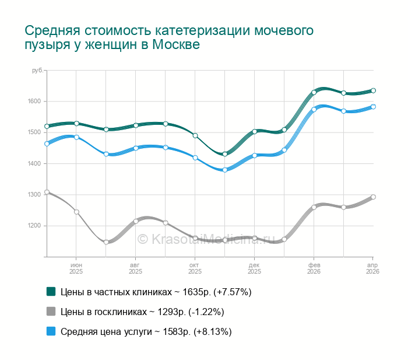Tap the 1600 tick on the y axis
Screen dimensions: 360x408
pyautogui.click(x=33, y=102)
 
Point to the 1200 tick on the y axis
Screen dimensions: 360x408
pyautogui.click(x=33, y=226)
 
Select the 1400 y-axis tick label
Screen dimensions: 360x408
pyautogui.click(x=33, y=163)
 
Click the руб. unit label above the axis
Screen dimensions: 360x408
pyautogui.click(x=37, y=71)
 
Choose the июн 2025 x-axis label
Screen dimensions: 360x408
pyautogui.click(x=76, y=268)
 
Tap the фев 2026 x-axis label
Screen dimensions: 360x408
pyautogui.click(x=314, y=268)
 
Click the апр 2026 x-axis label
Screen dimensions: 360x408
pyautogui.click(x=372, y=268)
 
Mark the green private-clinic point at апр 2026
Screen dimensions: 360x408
pyautogui.click(x=374, y=90)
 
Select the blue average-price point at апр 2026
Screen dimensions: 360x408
pyautogui.click(x=374, y=107)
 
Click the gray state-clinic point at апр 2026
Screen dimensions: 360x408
pyautogui.click(x=374, y=197)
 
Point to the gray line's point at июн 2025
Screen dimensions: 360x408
pyautogui.click(x=76, y=212)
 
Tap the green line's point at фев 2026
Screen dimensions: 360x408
pyautogui.click(x=314, y=92)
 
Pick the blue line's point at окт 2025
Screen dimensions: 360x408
pyautogui.click(x=195, y=158)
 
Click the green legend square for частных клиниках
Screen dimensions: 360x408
pyautogui.click(x=51, y=291)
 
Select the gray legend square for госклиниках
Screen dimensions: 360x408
pyautogui.click(x=51, y=312)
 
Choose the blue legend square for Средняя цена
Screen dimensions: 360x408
pyautogui.click(x=51, y=331)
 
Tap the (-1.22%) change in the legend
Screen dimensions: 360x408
pyautogui.click(x=204, y=312)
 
